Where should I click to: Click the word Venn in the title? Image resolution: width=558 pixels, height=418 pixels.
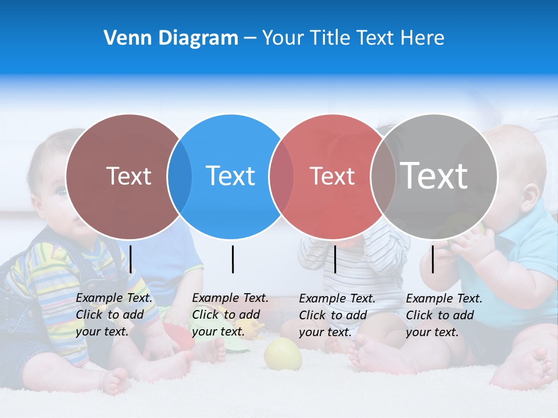(123, 38)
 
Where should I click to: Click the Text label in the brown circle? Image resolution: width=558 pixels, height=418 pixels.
(128, 176)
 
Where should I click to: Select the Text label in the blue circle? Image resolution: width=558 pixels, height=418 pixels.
(230, 176)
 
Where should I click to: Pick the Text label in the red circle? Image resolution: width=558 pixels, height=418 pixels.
(332, 176)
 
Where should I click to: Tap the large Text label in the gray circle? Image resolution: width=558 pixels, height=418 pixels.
(434, 175)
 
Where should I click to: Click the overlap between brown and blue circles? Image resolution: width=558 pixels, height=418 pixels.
(180, 176)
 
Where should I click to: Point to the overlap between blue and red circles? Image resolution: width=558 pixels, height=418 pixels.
(281, 176)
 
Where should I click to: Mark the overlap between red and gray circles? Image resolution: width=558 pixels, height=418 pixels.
(382, 176)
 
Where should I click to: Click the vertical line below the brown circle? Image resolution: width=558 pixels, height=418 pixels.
(131, 259)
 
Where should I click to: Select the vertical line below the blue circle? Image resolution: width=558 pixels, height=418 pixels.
(233, 259)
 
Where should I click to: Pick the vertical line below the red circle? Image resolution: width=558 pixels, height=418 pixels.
(335, 259)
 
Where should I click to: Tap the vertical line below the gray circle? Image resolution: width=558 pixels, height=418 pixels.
(432, 259)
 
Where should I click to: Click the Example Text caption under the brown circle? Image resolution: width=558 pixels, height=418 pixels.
(114, 315)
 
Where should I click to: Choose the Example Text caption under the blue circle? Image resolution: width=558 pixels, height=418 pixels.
(230, 315)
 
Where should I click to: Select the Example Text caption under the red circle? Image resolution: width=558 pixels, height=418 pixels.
(337, 315)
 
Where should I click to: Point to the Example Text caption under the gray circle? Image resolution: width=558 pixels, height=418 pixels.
(444, 315)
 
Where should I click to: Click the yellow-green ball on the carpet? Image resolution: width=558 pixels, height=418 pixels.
(283, 354)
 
